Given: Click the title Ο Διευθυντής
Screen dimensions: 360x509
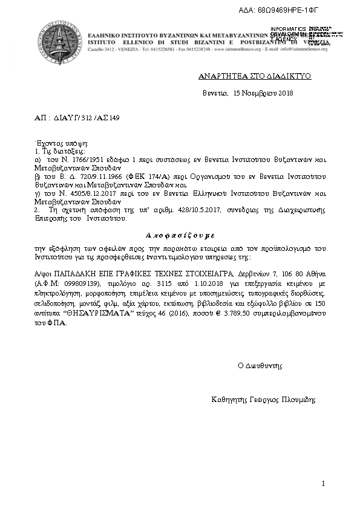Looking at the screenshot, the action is [x=260, y=366].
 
